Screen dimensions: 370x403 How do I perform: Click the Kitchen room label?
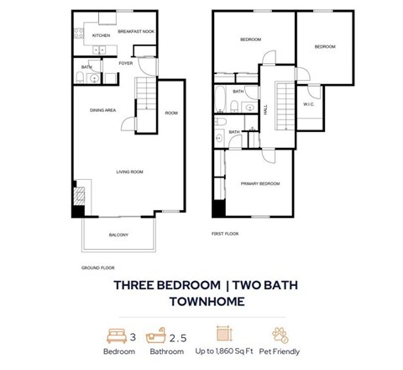click(102, 36)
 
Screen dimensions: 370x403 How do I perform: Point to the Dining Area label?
click(103, 110)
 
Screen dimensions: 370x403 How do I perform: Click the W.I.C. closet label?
click(308, 104)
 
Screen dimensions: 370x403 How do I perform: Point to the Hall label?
click(266, 108)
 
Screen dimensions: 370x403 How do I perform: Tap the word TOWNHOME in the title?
click(201, 302)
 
